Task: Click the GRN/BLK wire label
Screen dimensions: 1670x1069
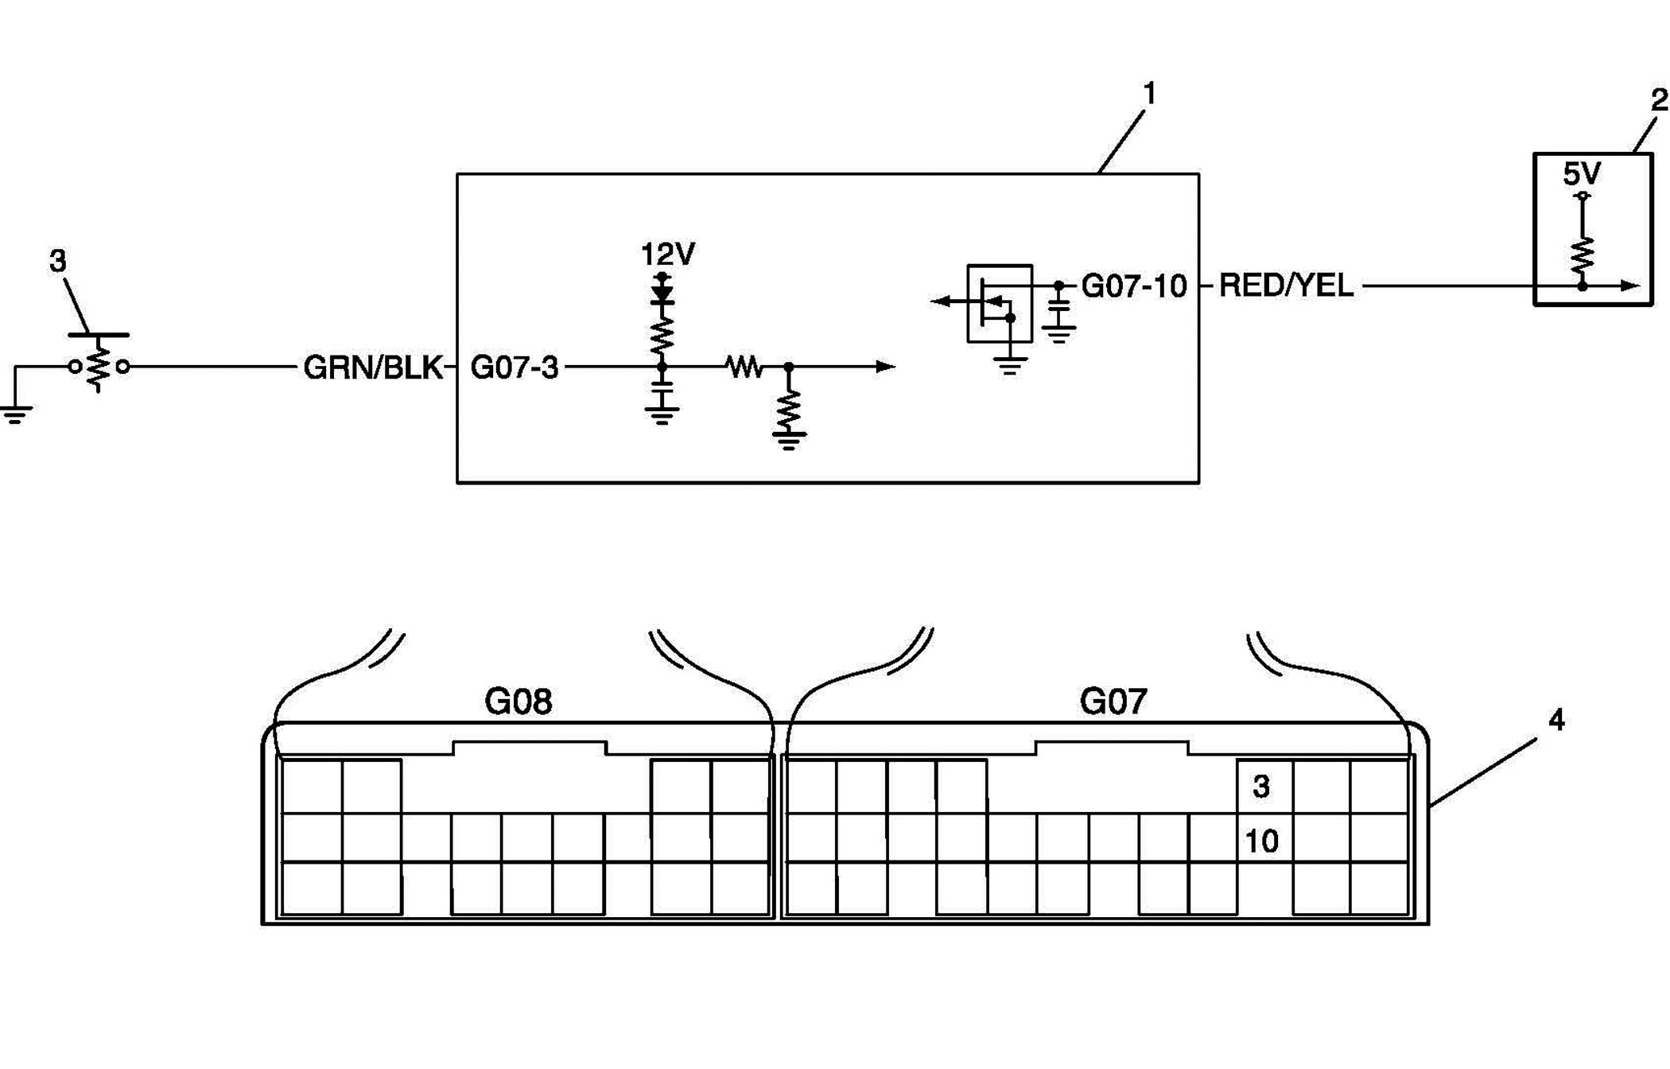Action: (x=373, y=367)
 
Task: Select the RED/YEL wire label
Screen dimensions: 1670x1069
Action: (x=1286, y=286)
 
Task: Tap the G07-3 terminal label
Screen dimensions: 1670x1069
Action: (x=515, y=367)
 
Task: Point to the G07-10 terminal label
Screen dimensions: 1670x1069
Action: (x=1134, y=286)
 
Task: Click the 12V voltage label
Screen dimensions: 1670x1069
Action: (x=668, y=255)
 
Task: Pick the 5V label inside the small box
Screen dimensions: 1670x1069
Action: (x=1582, y=173)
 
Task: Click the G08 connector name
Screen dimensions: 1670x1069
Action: (x=518, y=702)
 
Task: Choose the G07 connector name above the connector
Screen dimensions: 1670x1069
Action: (x=1113, y=702)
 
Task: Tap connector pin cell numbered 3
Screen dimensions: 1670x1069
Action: (x=1264, y=787)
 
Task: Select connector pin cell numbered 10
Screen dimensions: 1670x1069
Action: (x=1264, y=838)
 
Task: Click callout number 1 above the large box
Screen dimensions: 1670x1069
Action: (x=1149, y=94)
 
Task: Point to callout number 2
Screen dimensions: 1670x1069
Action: (x=1659, y=100)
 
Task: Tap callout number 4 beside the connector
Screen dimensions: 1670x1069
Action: (x=1556, y=721)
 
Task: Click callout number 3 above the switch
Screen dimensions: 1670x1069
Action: (x=58, y=261)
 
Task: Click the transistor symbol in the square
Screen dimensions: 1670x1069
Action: (x=1000, y=304)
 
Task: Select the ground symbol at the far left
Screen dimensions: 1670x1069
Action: (x=16, y=414)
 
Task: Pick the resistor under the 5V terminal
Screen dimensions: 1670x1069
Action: (x=1583, y=255)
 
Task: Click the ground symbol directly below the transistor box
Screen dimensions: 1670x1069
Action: (x=1010, y=367)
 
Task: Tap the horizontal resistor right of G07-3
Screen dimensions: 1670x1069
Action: (x=745, y=367)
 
